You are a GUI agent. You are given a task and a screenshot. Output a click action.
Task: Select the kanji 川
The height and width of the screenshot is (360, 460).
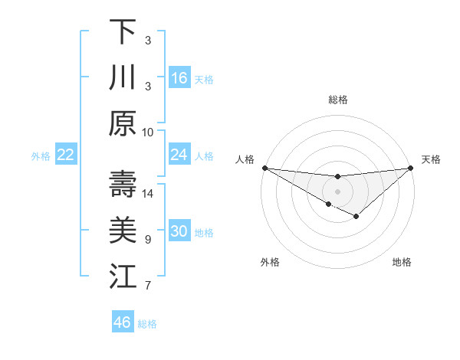[123, 77]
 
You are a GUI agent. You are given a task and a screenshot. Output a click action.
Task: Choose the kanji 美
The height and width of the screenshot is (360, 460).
[123, 231]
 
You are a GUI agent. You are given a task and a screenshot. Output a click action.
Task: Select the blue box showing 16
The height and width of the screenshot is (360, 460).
[179, 78]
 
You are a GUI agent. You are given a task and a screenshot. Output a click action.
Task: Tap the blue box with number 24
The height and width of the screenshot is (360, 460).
[179, 155]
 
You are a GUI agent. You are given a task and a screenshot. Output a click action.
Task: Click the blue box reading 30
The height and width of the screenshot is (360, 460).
[179, 232]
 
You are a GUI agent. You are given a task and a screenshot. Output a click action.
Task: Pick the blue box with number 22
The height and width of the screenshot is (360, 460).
[65, 155]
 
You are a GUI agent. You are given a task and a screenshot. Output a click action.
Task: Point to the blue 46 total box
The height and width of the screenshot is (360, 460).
[123, 322]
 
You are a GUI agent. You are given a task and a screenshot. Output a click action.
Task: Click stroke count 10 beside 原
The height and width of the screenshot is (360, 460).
[148, 132]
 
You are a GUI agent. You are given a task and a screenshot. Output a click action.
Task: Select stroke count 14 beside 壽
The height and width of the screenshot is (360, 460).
[148, 193]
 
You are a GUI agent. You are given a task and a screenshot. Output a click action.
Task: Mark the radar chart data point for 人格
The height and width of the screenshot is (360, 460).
[264, 168]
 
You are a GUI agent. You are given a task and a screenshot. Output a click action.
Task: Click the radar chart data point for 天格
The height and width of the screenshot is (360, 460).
[411, 168]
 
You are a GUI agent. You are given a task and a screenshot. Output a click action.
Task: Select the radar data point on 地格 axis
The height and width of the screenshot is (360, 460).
[356, 218]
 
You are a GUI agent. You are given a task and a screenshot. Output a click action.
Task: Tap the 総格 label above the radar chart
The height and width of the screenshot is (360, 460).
[338, 100]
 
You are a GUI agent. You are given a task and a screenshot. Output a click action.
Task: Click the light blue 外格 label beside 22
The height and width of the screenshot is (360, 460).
[41, 156]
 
